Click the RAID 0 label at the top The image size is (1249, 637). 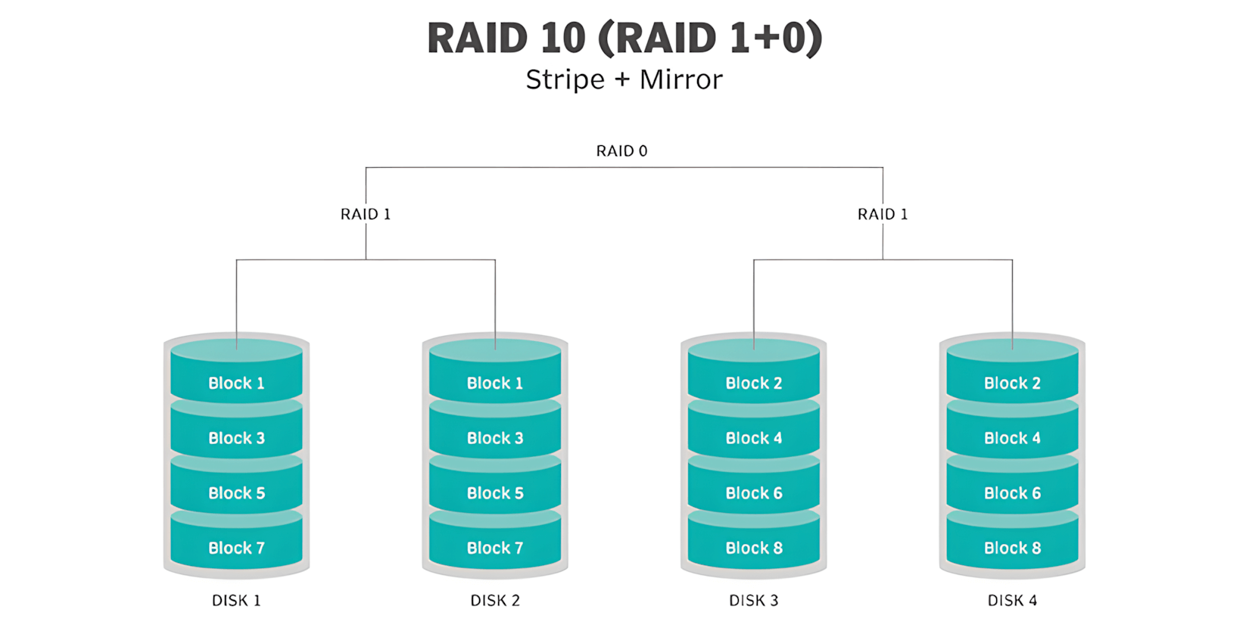tap(621, 151)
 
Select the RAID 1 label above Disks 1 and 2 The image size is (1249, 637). tap(366, 214)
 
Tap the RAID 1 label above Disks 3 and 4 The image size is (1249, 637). tap(883, 214)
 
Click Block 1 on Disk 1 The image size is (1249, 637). tap(236, 383)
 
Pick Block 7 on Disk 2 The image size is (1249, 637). tap(495, 548)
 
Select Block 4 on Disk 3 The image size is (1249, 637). tap(754, 438)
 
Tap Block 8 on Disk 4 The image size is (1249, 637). tap(1012, 548)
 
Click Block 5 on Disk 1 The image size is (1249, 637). tap(236, 493)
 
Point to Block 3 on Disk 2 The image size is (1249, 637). tap(495, 438)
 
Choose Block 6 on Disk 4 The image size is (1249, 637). tap(1012, 493)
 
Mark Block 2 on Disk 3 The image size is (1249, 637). tap(754, 383)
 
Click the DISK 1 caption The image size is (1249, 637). tap(236, 601)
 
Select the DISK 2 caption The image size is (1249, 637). tap(495, 601)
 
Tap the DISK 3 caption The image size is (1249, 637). tap(753, 601)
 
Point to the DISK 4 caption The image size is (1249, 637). tap(1012, 601)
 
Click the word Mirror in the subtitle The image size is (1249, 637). tap(681, 79)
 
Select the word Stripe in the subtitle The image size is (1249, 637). tap(565, 79)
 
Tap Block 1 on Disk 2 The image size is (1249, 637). tap(495, 383)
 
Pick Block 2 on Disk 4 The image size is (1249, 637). tap(1012, 383)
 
